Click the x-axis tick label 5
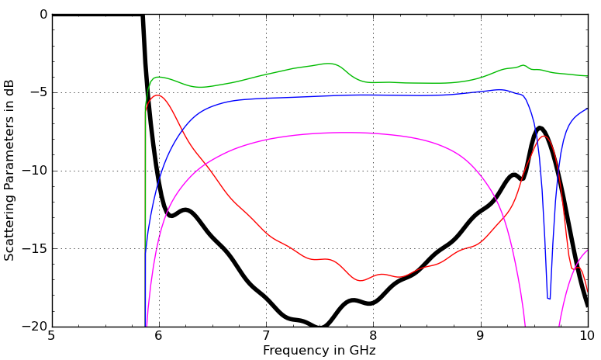click(x=51, y=336)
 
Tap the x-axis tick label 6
click(x=159, y=336)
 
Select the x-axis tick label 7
click(x=266, y=336)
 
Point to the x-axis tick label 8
click(x=373, y=336)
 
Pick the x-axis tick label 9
click(x=480, y=336)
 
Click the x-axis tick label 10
click(x=587, y=336)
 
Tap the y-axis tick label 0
click(x=43, y=14)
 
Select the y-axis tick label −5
click(x=39, y=92)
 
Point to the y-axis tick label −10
click(x=36, y=171)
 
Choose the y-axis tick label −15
click(x=36, y=249)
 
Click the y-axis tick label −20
click(x=36, y=327)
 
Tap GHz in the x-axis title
click(x=361, y=351)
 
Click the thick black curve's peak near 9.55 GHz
click(x=540, y=128)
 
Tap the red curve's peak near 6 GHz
click(x=158, y=95)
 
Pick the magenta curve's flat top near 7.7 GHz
click(x=341, y=133)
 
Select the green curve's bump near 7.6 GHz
click(x=330, y=64)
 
